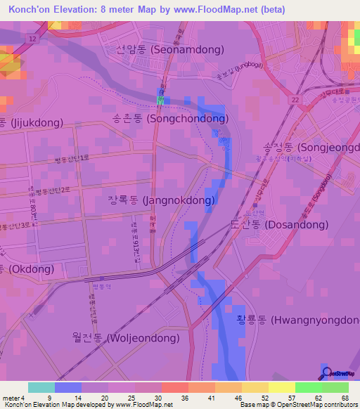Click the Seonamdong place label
pos(170,50)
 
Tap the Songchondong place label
pos(177,119)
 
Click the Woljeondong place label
pos(124,338)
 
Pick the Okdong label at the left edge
pos(14,269)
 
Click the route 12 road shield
pos(34,39)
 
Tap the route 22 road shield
pos(294,101)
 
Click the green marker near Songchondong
pos(160,101)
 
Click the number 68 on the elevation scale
pos(345,398)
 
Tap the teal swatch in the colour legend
pos(41,387)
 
